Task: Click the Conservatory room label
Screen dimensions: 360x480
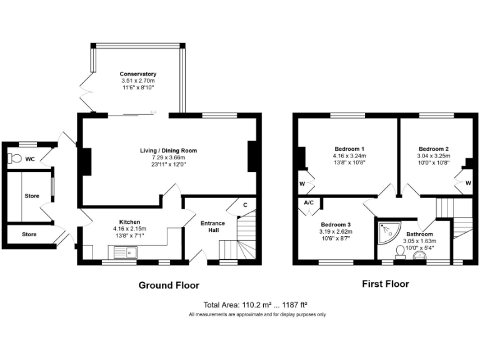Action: (137, 74)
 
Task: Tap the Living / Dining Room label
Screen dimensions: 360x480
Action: (169, 151)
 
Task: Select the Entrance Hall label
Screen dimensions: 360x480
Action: (212, 226)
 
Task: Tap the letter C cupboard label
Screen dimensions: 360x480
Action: (245, 204)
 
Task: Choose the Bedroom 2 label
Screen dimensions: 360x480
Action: (434, 149)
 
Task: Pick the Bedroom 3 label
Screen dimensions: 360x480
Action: (336, 224)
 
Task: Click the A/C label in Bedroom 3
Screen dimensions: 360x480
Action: (309, 203)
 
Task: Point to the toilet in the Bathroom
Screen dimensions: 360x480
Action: (401, 251)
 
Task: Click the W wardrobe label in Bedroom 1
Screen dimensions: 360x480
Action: (302, 184)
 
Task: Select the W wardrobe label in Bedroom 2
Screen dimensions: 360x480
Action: (467, 183)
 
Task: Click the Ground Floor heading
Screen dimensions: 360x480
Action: (168, 285)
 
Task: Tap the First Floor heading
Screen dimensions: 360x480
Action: (386, 284)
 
